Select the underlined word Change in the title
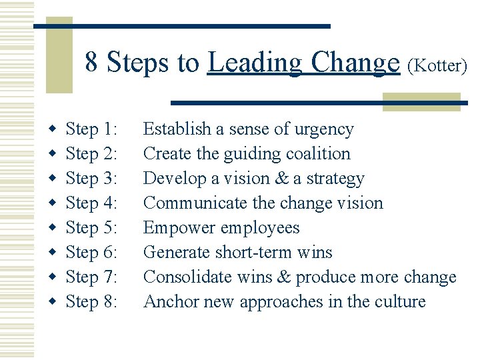[355, 63]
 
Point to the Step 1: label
[92, 129]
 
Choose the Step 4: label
[92, 203]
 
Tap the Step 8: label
[92, 301]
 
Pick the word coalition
[318, 153]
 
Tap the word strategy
[333, 179]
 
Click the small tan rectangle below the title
[421, 101]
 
